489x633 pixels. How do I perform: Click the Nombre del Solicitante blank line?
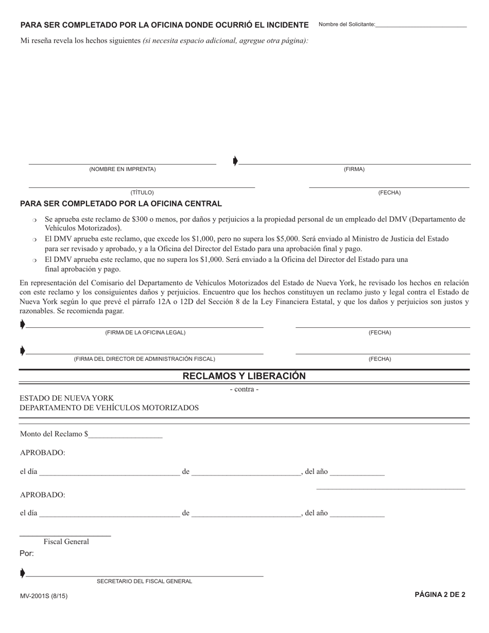coord(421,25)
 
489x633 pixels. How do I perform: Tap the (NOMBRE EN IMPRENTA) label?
coord(123,169)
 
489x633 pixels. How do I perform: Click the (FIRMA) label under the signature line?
coord(354,169)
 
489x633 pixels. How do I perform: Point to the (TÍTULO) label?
coord(142,192)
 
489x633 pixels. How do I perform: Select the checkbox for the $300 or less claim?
coord(34,220)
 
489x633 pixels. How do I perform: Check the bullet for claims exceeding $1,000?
coord(34,240)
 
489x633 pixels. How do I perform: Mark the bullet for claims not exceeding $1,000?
coord(34,260)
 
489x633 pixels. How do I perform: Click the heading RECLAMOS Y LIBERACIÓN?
coord(244,376)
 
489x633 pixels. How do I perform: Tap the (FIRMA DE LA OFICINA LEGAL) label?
coord(145,332)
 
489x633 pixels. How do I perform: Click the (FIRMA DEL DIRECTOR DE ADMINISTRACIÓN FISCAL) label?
coord(145,359)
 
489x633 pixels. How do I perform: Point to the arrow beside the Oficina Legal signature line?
coord(22,324)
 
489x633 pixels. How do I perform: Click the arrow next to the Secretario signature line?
coord(22,573)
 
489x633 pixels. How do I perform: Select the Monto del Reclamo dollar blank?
coord(126,434)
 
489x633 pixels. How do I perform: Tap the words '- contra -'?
coord(244,390)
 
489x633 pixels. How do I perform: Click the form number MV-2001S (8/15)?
coord(44,596)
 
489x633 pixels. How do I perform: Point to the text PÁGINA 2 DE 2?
coord(440,595)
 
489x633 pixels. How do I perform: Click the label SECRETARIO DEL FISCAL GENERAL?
coord(145,582)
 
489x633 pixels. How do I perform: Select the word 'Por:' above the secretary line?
coord(27,554)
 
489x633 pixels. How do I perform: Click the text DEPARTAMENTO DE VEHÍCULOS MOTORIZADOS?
coord(109,408)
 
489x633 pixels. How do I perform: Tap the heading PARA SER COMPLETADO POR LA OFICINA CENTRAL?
coord(121,204)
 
